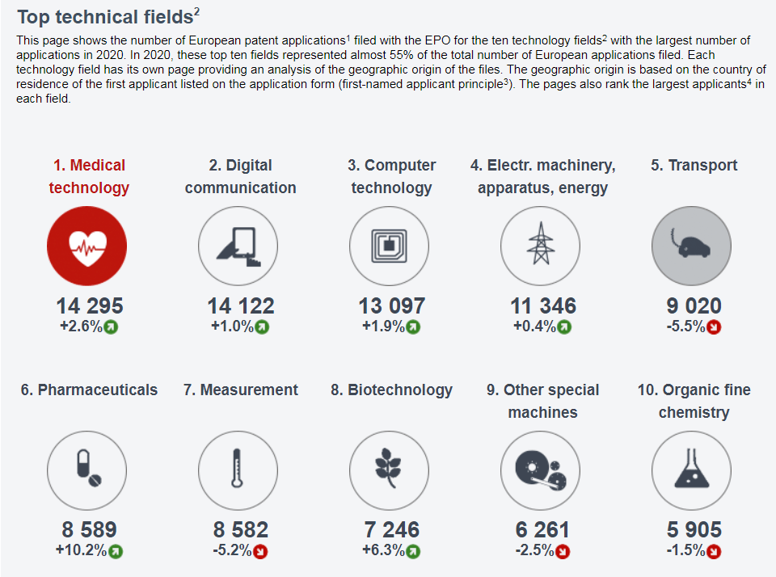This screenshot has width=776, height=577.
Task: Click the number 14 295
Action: coord(89,306)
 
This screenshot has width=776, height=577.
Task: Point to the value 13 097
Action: coord(391,306)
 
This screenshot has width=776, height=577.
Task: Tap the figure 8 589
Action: coord(89,530)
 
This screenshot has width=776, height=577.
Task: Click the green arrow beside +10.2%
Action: coord(116,552)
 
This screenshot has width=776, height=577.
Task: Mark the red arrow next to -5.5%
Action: coord(714,327)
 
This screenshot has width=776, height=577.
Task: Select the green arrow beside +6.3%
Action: coord(413,552)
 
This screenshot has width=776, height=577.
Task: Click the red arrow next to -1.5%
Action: coord(714,552)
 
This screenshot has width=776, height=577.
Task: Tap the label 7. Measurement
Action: coord(240,390)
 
